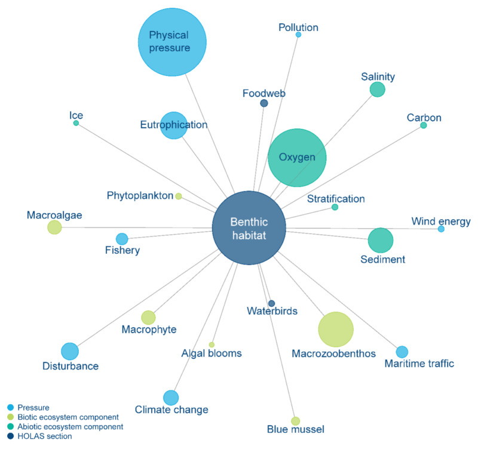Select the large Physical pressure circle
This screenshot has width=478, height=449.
tap(172, 42)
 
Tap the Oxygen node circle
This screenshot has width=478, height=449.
tap(297, 158)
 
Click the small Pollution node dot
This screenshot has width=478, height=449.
tap(298, 35)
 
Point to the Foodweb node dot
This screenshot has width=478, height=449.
tap(264, 103)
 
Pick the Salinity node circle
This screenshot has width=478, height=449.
tap(377, 90)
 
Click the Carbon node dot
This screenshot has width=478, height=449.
tap(424, 125)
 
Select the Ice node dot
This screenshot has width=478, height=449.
tap(76, 123)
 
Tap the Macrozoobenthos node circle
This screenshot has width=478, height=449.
tap(336, 330)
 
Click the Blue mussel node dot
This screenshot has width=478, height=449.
tap(295, 421)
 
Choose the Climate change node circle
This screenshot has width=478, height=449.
tap(171, 398)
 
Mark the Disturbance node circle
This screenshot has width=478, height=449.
tap(70, 352)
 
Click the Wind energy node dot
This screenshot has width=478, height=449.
tap(441, 229)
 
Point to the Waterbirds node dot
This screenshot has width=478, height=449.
tap(271, 303)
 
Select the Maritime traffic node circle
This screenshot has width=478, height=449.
tap(402, 352)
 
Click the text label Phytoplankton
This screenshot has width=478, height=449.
tap(140, 196)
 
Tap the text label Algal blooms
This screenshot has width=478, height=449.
tap(212, 353)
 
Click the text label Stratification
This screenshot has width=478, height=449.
tap(336, 199)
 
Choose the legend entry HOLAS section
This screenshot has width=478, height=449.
tap(44, 436)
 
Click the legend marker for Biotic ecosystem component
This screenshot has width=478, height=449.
tap(10, 417)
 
